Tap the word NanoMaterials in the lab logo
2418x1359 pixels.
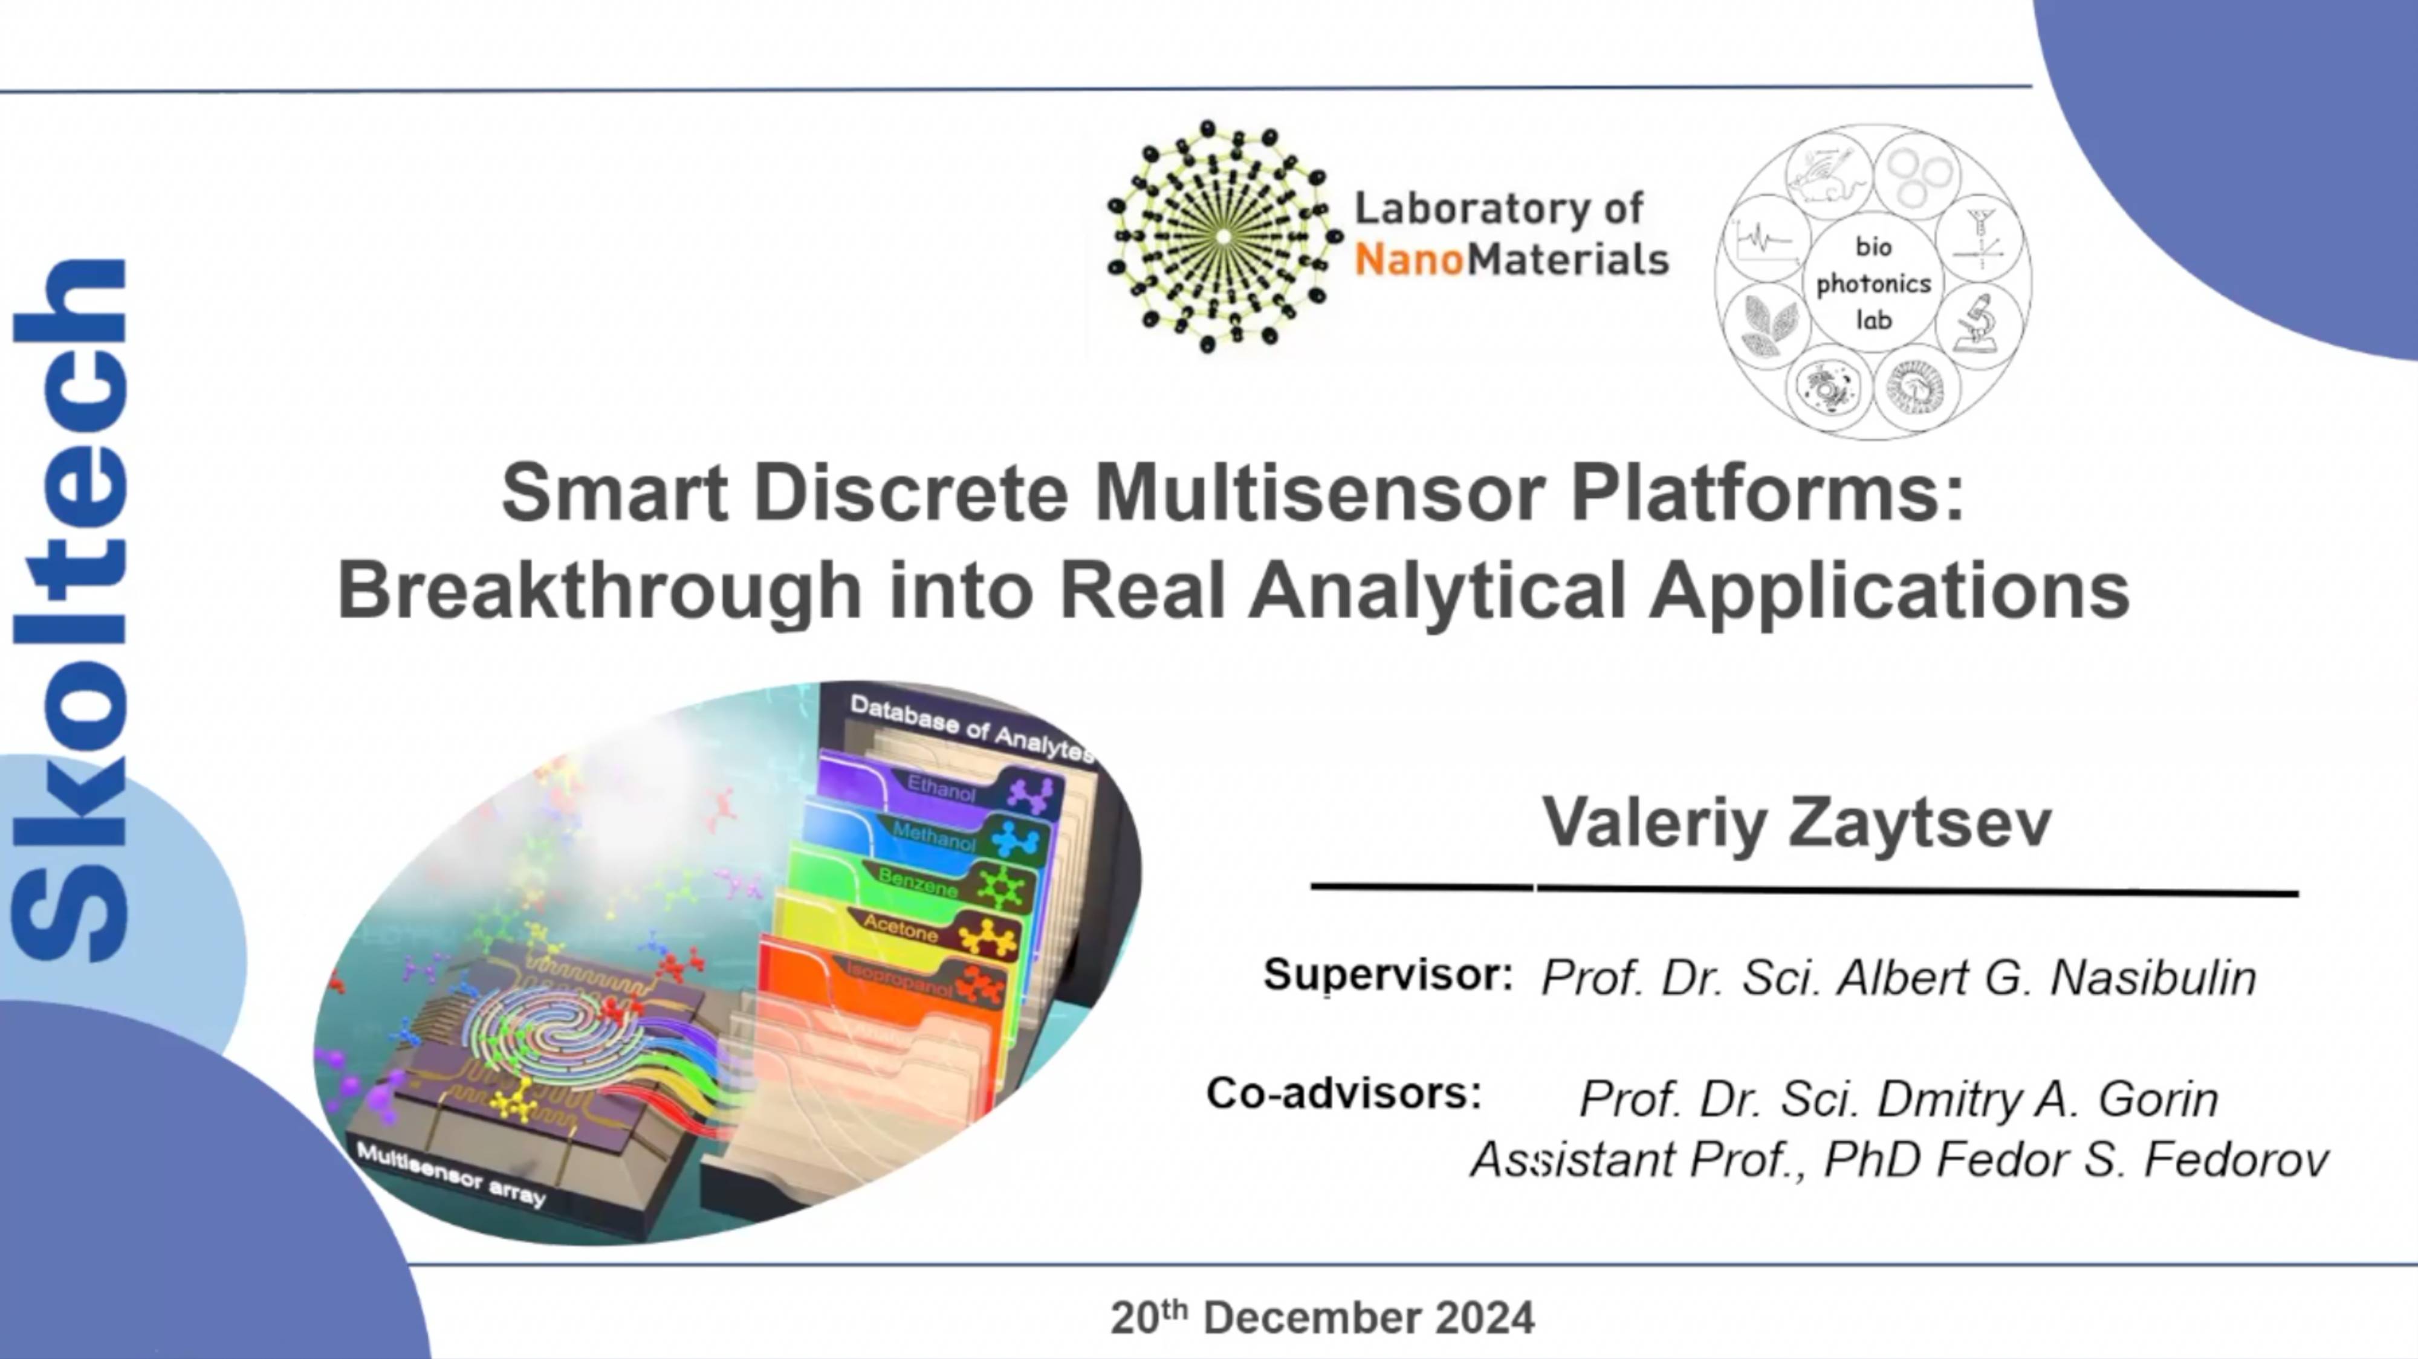[1511, 259]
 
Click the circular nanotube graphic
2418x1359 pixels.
[1220, 236]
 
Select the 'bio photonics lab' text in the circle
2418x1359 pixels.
[1873, 283]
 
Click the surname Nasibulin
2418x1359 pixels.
[2153, 978]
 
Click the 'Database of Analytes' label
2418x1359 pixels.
[971, 728]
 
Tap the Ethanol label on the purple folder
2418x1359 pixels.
[941, 789]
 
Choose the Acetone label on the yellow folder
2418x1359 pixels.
[900, 928]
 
